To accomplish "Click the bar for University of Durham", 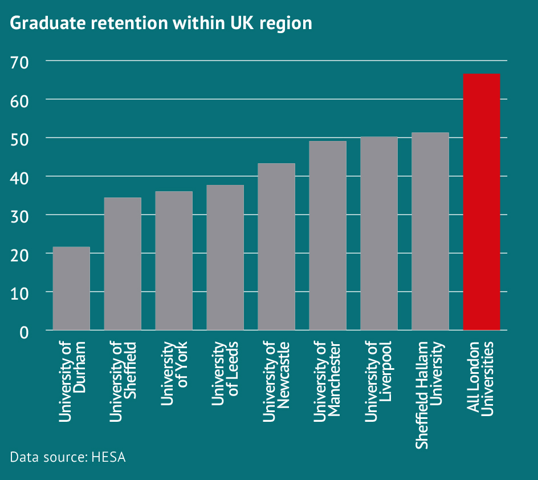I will (71, 288).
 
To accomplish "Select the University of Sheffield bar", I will (123, 264).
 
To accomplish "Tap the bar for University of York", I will (174, 260).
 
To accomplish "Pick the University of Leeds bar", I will (225, 257).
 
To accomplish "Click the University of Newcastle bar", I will (276, 247).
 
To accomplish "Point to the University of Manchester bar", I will (328, 235).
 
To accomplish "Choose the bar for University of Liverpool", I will (379, 233).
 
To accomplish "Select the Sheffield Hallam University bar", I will (430, 231).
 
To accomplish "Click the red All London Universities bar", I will (482, 201).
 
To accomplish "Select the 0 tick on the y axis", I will (24, 331).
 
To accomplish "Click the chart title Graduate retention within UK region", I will (161, 23).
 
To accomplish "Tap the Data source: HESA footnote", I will (68, 457).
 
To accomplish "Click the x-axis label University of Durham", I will (72, 382).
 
